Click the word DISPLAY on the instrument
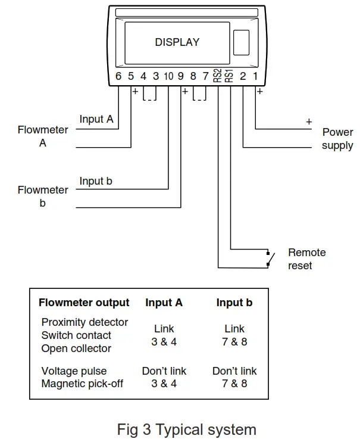177,42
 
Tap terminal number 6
118,76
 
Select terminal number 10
168,76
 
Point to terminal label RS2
218,76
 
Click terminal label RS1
230,76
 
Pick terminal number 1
256,76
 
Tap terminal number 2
243,76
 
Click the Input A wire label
96,119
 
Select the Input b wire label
96,180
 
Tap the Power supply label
337,139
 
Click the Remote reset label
307,259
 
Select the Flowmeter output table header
84,303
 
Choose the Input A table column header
164,303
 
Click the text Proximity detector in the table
84,322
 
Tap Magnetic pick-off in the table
82,384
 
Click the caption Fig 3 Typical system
187,429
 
